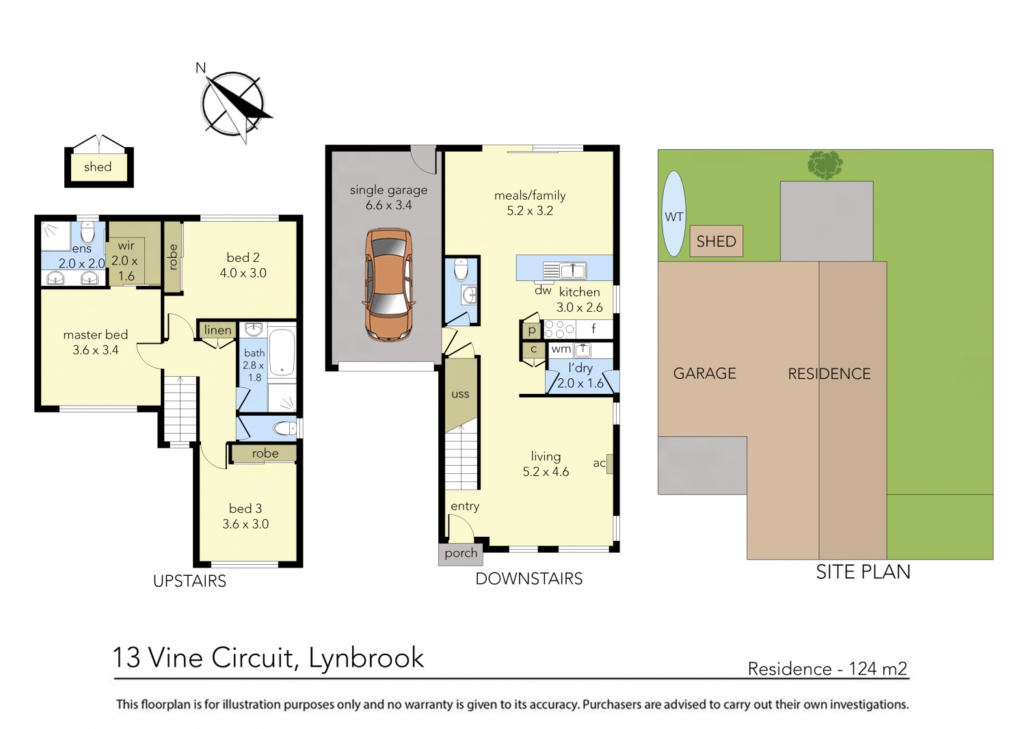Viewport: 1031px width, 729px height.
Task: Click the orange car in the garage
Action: point(389,284)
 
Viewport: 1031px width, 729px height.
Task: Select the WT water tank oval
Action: point(674,214)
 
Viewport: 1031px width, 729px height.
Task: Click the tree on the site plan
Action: point(825,165)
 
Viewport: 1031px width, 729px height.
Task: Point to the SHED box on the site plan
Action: point(716,241)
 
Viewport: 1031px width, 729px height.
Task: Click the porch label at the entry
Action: point(461,553)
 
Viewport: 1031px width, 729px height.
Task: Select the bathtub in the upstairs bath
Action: point(282,354)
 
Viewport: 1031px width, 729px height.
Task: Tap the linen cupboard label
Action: point(217,330)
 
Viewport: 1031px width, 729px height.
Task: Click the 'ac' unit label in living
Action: point(600,463)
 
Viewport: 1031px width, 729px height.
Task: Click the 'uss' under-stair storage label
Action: point(460,394)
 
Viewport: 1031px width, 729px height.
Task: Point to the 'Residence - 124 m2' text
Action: point(827,669)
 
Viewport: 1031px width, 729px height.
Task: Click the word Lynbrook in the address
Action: point(366,658)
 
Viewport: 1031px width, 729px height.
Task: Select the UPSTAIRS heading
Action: point(189,581)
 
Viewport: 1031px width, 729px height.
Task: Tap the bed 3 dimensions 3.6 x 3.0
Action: point(245,525)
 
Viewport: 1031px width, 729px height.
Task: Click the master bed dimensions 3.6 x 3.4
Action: point(96,350)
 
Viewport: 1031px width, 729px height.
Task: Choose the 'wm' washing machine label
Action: point(561,349)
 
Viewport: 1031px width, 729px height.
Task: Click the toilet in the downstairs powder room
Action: point(461,269)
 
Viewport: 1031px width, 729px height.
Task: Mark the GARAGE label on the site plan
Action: point(704,373)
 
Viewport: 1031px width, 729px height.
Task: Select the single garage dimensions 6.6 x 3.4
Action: point(388,205)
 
